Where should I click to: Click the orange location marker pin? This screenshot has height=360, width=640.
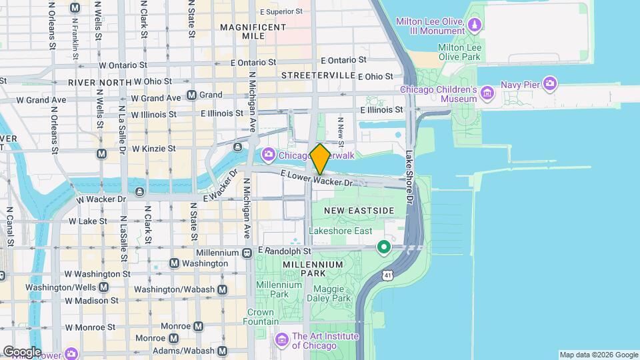click(x=320, y=159)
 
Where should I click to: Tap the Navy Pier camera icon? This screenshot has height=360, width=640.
click(x=550, y=83)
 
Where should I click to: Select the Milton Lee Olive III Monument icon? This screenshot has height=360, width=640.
click(x=474, y=25)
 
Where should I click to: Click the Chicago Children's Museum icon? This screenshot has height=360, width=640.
click(x=487, y=92)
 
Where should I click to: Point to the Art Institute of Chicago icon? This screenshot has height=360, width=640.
click(x=282, y=341)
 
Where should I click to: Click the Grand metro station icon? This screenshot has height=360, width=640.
click(x=191, y=95)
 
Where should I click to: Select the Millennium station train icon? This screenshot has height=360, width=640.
click(x=246, y=253)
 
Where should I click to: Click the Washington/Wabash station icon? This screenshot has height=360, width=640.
click(x=222, y=289)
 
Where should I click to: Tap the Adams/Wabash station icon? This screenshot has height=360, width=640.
click(x=222, y=351)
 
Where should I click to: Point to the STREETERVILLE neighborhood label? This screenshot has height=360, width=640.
click(x=317, y=75)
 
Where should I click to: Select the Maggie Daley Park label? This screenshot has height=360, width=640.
click(x=328, y=293)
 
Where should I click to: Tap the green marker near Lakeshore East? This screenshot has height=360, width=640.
click(x=384, y=247)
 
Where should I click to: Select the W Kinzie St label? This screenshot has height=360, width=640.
click(x=153, y=148)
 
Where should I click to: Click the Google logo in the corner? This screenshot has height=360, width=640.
click(x=21, y=352)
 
